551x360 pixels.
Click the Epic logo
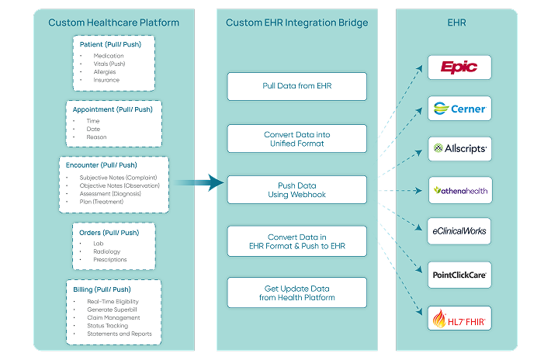click(x=459, y=67)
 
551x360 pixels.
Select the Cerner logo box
click(x=459, y=108)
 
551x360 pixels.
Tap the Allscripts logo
click(x=459, y=148)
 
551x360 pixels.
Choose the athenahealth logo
click(x=459, y=189)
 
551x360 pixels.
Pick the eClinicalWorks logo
click(x=459, y=230)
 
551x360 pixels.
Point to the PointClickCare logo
click(x=459, y=273)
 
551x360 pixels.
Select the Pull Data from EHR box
click(x=296, y=86)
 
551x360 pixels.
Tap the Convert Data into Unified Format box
click(x=296, y=139)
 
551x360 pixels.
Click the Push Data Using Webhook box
click(x=296, y=190)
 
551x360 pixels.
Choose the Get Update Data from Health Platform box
click(x=296, y=292)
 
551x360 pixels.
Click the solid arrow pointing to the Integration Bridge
click(x=198, y=183)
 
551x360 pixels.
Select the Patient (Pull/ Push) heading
click(x=113, y=45)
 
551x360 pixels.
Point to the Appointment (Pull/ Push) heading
click(x=113, y=109)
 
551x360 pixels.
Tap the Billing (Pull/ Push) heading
click(x=113, y=289)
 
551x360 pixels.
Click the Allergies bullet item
click(x=106, y=71)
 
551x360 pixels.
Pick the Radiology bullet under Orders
click(x=107, y=251)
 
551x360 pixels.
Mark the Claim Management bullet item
click(x=113, y=317)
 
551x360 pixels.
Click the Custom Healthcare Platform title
click(x=113, y=22)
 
